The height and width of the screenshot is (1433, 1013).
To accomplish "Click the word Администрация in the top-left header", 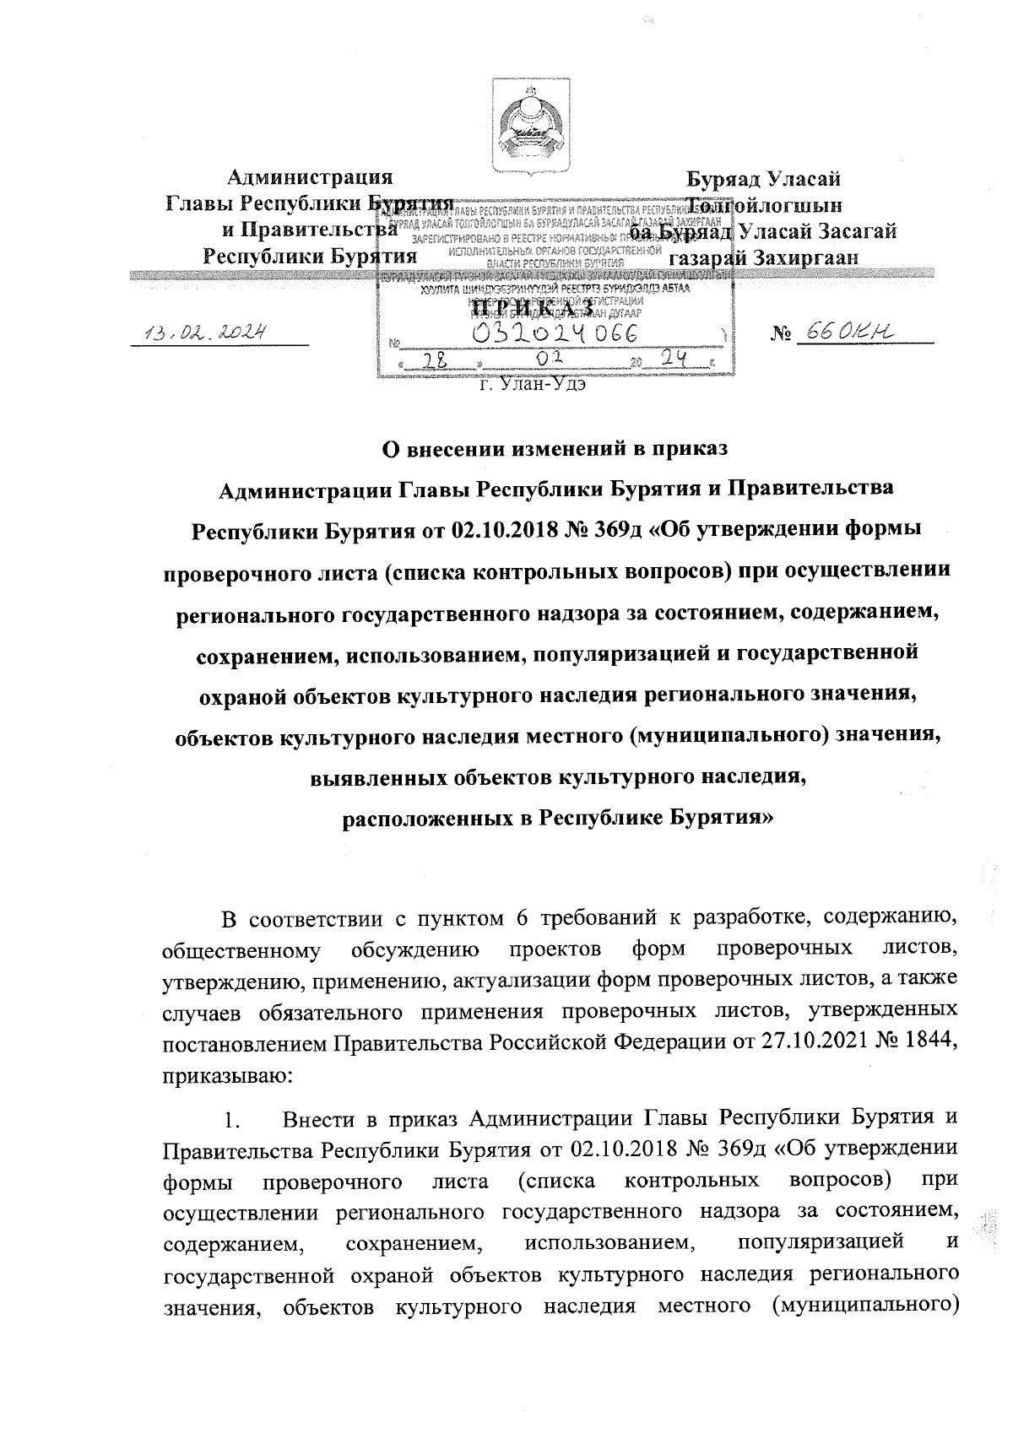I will pos(311,179).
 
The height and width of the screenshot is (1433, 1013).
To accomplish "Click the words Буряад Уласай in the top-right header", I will pos(763,179).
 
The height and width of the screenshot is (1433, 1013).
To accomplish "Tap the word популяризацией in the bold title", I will pos(603,653).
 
